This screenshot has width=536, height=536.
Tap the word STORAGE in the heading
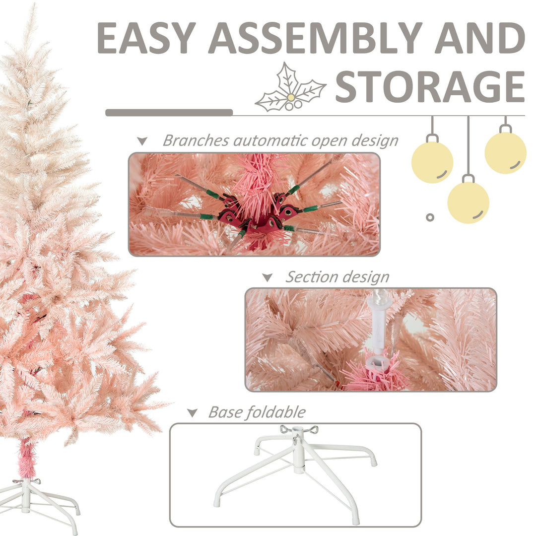[x=430, y=86]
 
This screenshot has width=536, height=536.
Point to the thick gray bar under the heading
[x=169, y=113]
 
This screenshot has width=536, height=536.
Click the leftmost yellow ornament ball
[x=432, y=162]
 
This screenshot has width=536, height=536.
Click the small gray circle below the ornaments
[x=430, y=217]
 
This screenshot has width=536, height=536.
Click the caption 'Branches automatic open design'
[x=280, y=140]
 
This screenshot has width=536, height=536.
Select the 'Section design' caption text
[x=337, y=277]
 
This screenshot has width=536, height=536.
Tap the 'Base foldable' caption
[x=257, y=412]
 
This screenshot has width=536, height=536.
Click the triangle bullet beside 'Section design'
[x=268, y=278]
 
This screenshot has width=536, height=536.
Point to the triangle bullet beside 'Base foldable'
[x=192, y=413]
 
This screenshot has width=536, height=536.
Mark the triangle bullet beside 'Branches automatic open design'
[x=142, y=141]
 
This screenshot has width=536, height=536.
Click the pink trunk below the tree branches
[x=26, y=459]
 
